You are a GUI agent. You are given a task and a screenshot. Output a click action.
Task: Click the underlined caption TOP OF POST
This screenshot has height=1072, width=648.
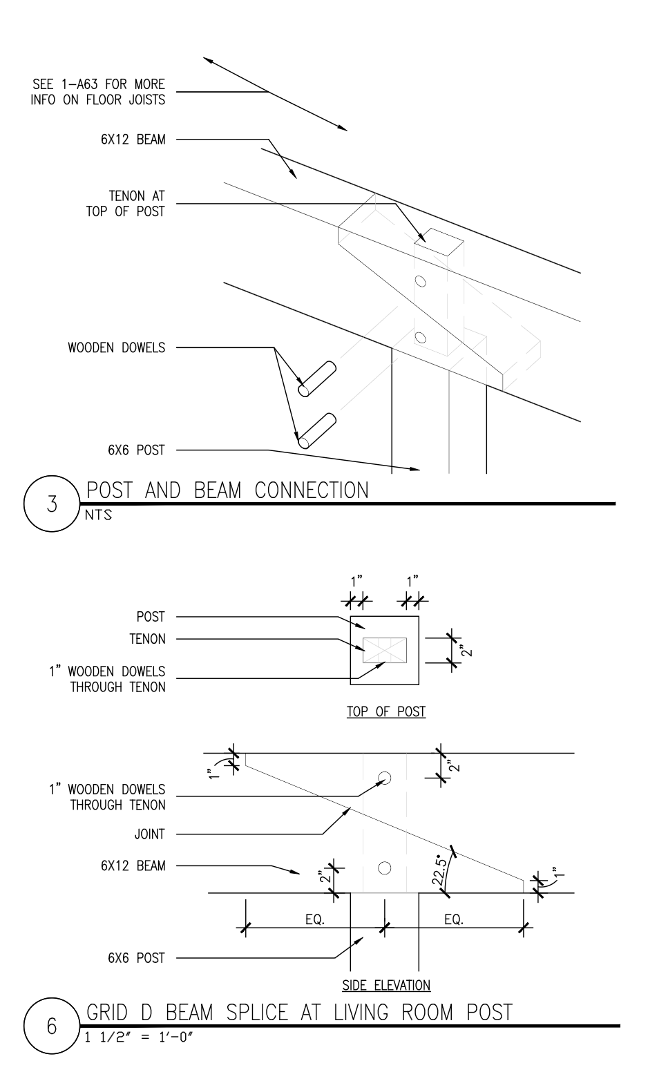(385, 712)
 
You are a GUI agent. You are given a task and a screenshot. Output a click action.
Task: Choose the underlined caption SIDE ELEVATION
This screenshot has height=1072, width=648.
(386, 985)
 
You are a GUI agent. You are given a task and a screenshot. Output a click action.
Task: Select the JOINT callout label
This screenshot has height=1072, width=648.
(149, 834)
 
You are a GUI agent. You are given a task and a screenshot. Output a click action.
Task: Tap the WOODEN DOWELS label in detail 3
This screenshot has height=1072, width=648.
(116, 347)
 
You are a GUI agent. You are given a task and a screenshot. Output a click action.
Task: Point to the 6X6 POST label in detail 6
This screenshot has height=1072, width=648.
(136, 958)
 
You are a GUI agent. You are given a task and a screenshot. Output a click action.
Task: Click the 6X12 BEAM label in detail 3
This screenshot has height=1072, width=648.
(132, 140)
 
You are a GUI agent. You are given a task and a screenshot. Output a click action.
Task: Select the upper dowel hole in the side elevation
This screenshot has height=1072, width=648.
(385, 778)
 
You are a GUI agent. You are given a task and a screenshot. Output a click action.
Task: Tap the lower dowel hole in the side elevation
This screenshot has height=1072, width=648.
(385, 868)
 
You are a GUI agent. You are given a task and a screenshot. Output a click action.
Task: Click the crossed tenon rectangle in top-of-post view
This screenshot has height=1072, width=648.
(385, 651)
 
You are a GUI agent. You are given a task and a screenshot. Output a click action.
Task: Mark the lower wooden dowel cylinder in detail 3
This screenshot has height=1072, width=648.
(317, 430)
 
